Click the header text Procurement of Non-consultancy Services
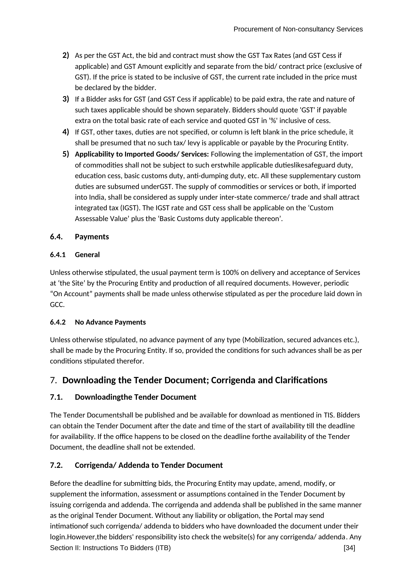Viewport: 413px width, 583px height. pos(298,29)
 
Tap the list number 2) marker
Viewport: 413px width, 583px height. pos(66,55)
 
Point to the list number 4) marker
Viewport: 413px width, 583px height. pos(66,132)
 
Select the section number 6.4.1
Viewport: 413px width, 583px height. pos(58,255)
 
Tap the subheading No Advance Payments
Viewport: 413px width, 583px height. pos(110,322)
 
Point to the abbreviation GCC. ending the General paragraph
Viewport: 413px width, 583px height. pos(57,304)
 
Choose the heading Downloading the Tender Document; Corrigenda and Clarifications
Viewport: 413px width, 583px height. pos(195,380)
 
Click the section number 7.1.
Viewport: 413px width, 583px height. pos(56,397)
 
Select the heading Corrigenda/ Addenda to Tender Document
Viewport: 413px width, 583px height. pos(149,465)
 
